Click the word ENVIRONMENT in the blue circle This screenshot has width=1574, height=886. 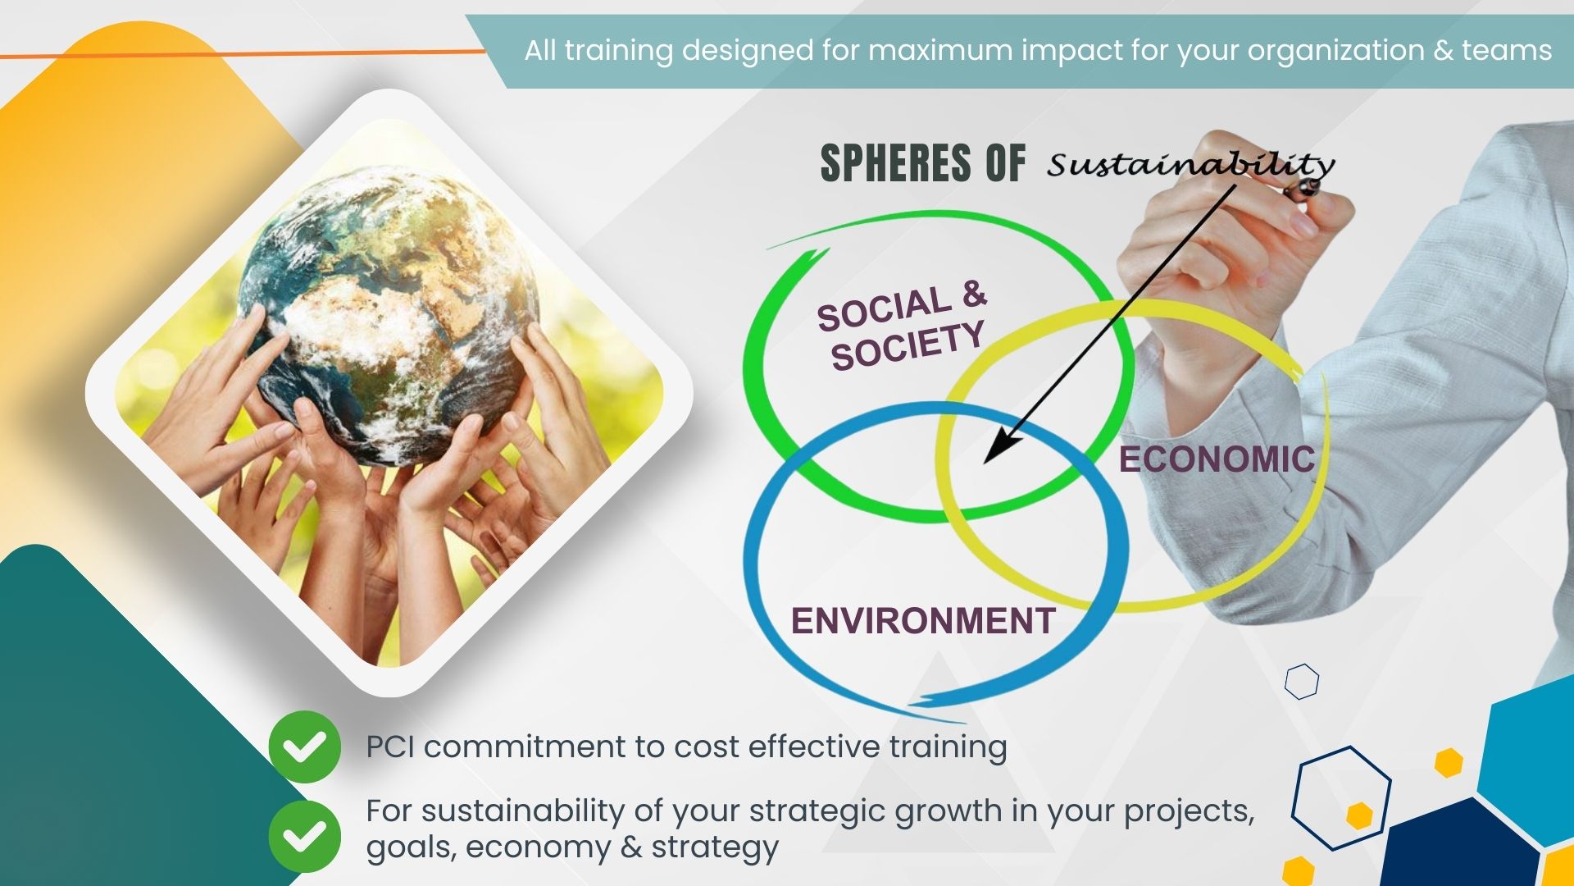pos(923,621)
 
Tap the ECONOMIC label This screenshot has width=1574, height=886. pos(1217,459)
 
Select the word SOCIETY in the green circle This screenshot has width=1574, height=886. pos(908,345)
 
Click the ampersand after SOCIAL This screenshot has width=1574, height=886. pos(973,294)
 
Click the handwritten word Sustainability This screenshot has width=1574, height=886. pos(1191,165)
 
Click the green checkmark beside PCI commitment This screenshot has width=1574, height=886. pos(304,747)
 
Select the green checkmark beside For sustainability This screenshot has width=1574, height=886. pos(304,836)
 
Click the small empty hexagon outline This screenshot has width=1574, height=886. pos(1302,681)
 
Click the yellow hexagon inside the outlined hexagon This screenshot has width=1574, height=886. pos(1359,815)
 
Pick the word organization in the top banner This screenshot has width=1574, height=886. pos(1336,51)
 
